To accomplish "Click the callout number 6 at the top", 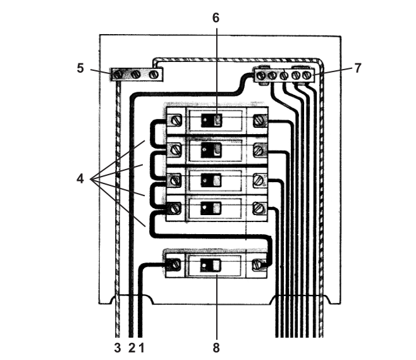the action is tap(216, 18).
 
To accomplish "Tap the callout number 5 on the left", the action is tap(80, 68).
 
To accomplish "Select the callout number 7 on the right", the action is tap(358, 68).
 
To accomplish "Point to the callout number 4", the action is tap(80, 178).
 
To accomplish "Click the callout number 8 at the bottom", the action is tap(216, 347).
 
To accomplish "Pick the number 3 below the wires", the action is tap(117, 347).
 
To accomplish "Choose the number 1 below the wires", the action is tap(142, 347).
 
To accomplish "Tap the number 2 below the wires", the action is tap(132, 347).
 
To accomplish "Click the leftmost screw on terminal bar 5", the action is tap(118, 75).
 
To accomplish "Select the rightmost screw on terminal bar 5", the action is tap(154, 75).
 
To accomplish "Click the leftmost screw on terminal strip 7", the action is tap(261, 76).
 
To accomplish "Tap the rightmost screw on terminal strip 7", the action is tap(307, 76).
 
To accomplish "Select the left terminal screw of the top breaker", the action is tap(175, 120).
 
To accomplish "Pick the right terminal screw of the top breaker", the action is tap(259, 120).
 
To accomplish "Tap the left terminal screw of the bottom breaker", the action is tap(175, 264).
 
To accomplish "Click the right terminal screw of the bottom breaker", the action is tap(257, 264).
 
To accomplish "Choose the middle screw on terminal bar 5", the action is tap(135, 75).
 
